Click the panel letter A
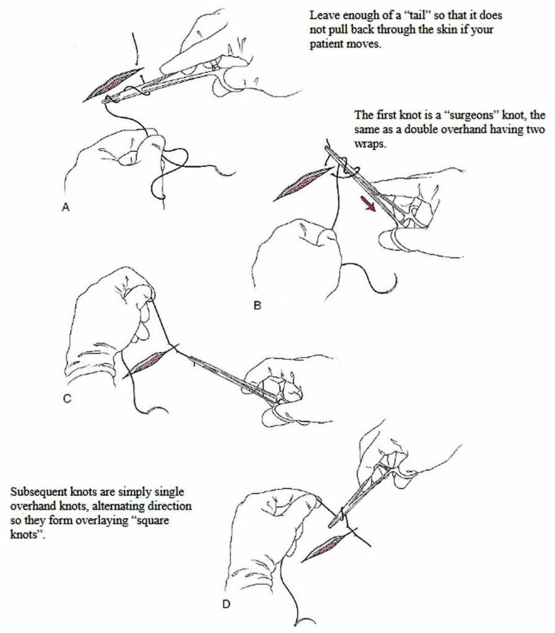pos(66,209)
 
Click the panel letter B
pos(258,305)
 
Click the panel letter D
pos(226,603)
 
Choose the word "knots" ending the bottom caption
pos(24,534)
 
